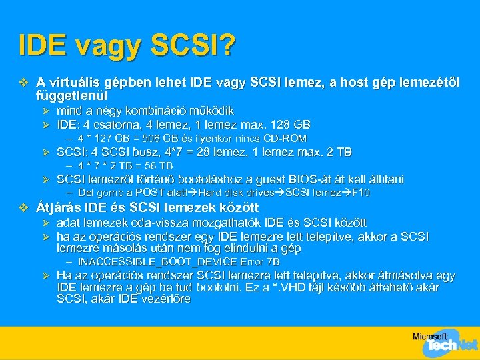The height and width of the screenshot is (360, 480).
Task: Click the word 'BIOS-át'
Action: click(x=311, y=179)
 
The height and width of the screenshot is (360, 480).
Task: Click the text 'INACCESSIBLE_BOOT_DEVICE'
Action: click(x=159, y=262)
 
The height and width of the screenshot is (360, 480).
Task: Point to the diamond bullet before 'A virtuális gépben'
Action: click(x=25, y=83)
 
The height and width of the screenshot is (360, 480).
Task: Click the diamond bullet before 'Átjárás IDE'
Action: click(x=25, y=207)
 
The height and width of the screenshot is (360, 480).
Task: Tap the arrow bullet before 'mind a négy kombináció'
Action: click(x=46, y=111)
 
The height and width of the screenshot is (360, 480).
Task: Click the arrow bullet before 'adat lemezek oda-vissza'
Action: click(x=46, y=222)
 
